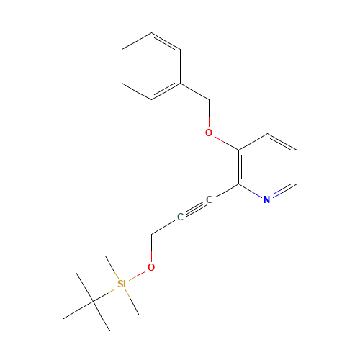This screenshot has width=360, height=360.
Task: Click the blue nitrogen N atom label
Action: click(x=267, y=199)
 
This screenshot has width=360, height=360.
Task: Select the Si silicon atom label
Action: click(x=122, y=284)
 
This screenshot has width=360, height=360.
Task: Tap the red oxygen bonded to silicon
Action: click(x=151, y=267)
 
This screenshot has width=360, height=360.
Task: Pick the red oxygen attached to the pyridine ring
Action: click(x=209, y=132)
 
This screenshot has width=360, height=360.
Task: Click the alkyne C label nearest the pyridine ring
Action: click(x=209, y=199)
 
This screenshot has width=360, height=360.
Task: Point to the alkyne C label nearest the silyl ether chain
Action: click(x=180, y=217)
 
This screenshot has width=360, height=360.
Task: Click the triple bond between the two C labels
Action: click(x=194, y=208)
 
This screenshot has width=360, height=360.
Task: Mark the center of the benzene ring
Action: click(x=151, y=66)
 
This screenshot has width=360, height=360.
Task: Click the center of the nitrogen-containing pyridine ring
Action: click(x=268, y=167)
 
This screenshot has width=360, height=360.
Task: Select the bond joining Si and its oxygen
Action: click(x=137, y=276)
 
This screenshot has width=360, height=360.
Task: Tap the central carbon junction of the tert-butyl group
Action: click(x=93, y=301)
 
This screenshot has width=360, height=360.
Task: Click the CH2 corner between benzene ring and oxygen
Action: click(x=209, y=100)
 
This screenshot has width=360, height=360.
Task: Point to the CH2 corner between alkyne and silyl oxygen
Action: click(x=151, y=234)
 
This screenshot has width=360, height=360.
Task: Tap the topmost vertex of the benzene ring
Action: click(x=151, y=33)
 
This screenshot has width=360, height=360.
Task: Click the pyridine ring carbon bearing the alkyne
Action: click(x=238, y=184)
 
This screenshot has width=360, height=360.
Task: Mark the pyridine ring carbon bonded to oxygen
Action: click(x=238, y=150)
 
